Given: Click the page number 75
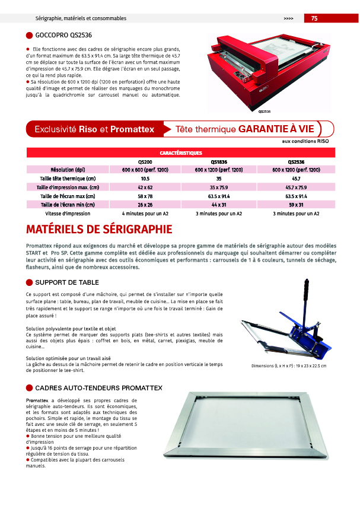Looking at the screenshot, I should click(x=314, y=18).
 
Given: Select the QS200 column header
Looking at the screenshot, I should click(x=145, y=161).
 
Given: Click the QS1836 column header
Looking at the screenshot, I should click(x=219, y=161).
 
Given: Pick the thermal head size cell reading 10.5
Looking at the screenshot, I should click(x=145, y=179).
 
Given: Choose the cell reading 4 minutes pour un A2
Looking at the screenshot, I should click(x=145, y=213).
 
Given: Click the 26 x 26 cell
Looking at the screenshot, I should click(x=145, y=205).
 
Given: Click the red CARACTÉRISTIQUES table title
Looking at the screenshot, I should click(x=181, y=153).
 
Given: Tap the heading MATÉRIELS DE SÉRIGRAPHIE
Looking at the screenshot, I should click(x=100, y=230).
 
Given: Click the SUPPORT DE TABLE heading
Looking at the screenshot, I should click(x=67, y=282).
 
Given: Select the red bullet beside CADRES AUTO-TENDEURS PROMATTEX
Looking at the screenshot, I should click(x=30, y=388).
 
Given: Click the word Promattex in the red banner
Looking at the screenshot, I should click(x=132, y=129).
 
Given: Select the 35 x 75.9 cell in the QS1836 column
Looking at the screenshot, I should click(x=219, y=187).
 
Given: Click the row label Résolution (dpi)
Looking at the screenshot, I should click(x=68, y=170).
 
